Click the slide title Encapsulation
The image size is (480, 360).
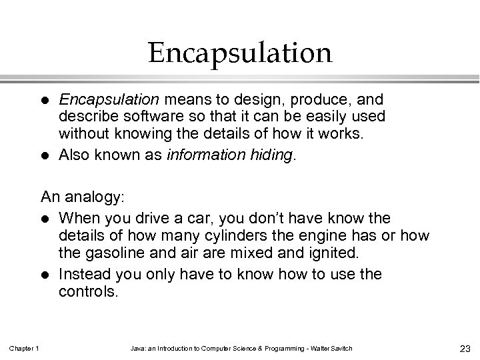coord(240,53)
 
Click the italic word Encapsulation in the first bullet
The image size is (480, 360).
coord(109,100)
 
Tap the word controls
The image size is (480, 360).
coord(88,291)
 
